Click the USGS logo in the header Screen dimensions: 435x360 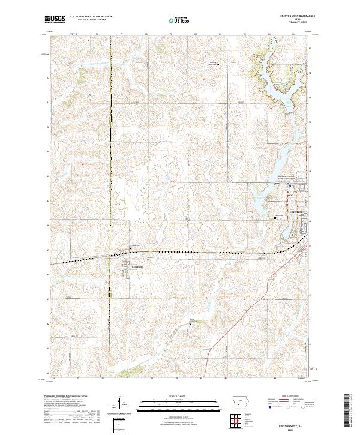55,20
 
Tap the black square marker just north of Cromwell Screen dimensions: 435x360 130,248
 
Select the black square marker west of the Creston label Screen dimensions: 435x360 275,217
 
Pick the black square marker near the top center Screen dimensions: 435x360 217,64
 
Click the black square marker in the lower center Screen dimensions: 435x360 190,323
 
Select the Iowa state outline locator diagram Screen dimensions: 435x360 242,401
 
